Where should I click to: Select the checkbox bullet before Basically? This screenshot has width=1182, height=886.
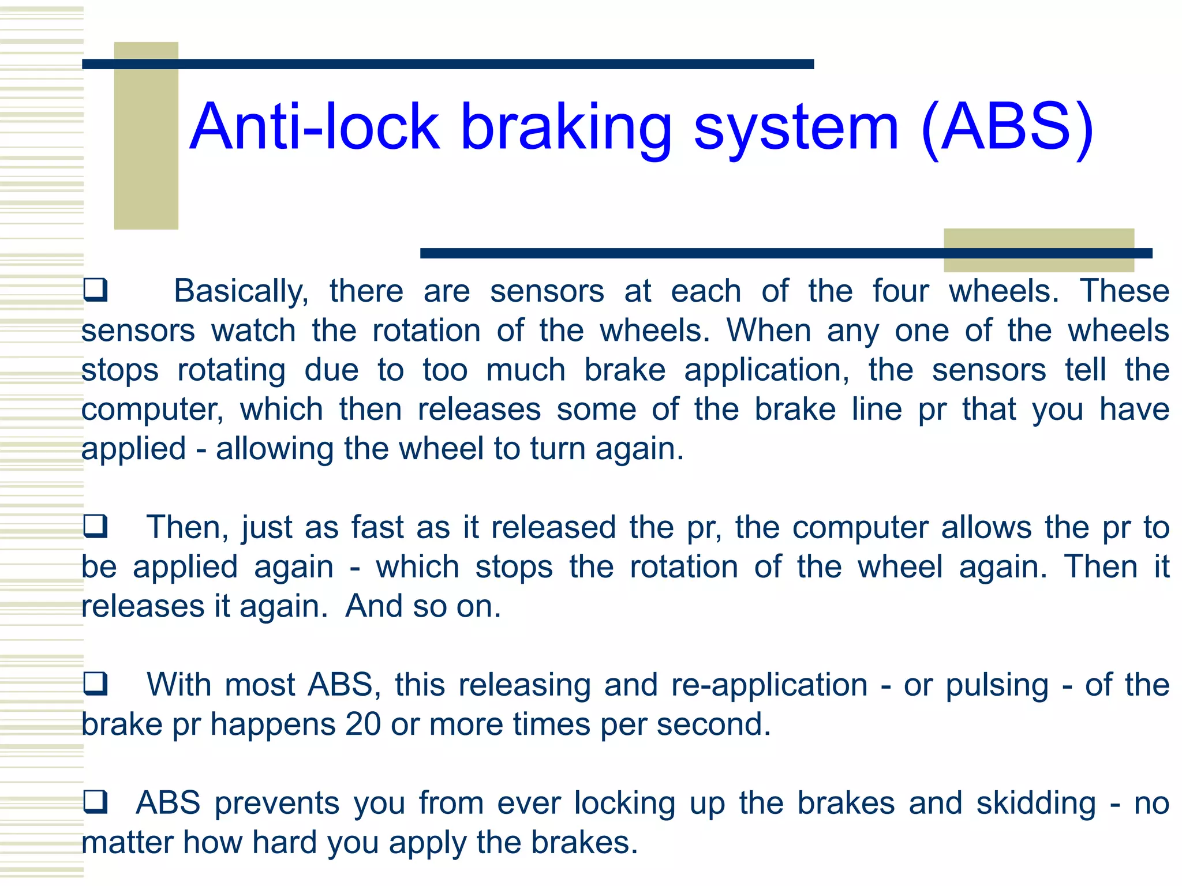(95, 290)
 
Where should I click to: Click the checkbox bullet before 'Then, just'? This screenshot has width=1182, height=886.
(95, 526)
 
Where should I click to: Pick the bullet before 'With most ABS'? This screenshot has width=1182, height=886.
(95, 684)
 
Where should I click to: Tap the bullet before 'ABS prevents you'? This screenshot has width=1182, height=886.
(95, 802)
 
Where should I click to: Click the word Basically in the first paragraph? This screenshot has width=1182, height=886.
(241, 292)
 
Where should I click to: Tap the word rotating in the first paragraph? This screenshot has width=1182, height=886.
(231, 371)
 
